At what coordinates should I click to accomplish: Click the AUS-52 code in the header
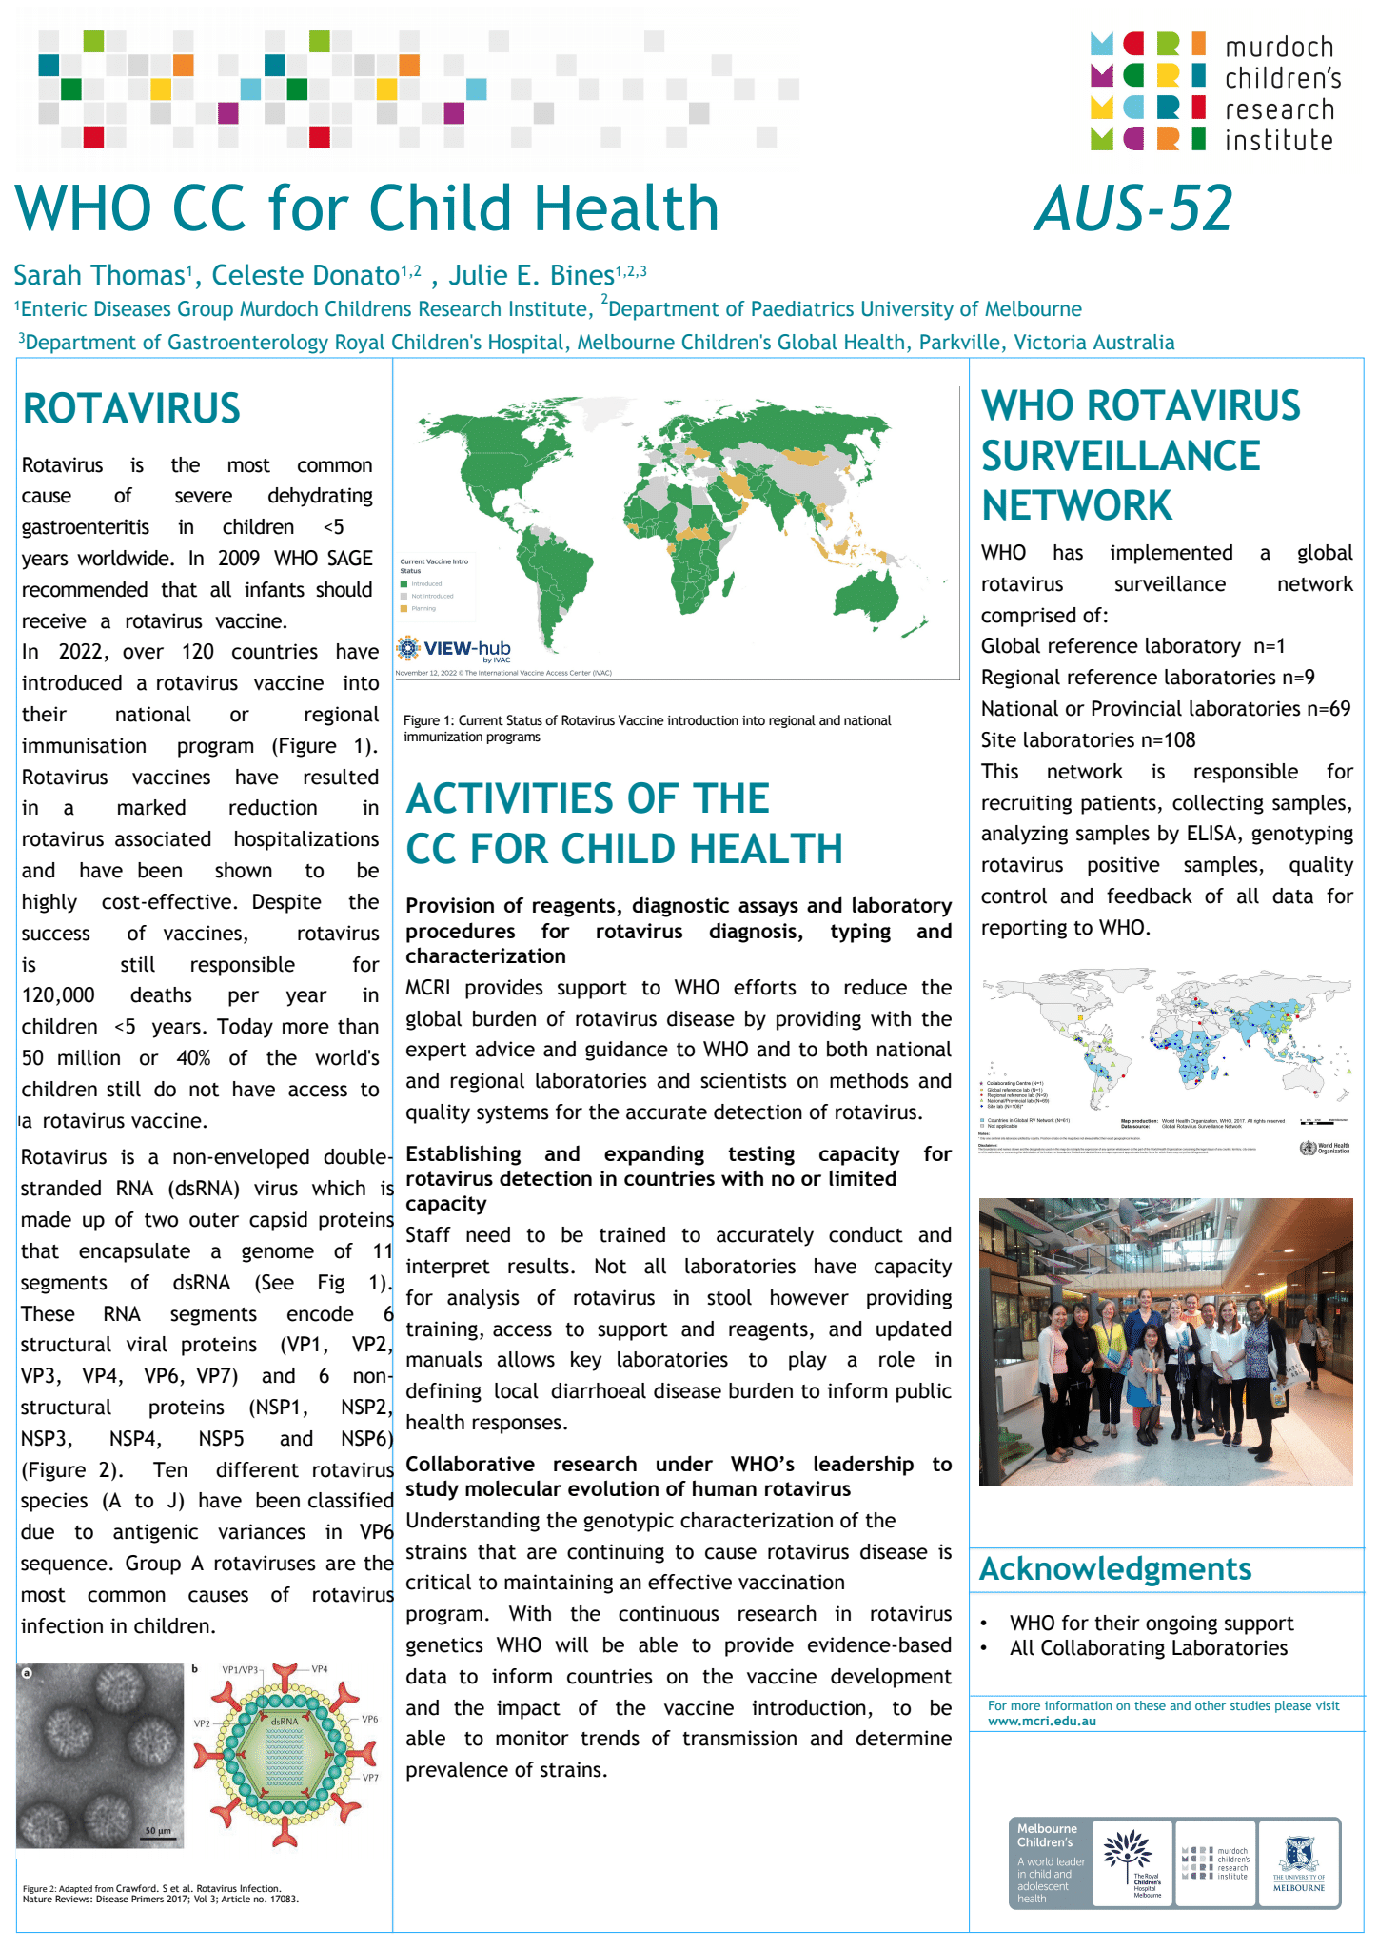1133,208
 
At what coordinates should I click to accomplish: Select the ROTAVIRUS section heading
131,408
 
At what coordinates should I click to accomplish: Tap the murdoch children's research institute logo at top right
1212,91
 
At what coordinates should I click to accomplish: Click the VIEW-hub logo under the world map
455,650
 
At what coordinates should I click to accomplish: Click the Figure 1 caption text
647,728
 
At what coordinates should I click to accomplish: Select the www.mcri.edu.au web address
1041,1721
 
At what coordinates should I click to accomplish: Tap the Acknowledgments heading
1115,1568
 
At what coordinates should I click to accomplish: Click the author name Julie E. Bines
531,276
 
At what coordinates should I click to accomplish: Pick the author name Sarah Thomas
98,276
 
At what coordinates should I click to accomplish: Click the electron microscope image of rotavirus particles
100,1755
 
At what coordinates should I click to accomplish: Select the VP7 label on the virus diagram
369,1778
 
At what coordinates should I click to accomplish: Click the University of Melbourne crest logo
1298,1862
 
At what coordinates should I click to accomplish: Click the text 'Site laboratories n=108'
1088,740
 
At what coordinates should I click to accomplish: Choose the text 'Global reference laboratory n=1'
1132,646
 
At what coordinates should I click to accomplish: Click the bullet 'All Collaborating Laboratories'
1148,1648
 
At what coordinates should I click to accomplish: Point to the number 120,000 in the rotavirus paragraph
58,995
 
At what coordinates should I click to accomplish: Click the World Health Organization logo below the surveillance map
1324,1148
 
